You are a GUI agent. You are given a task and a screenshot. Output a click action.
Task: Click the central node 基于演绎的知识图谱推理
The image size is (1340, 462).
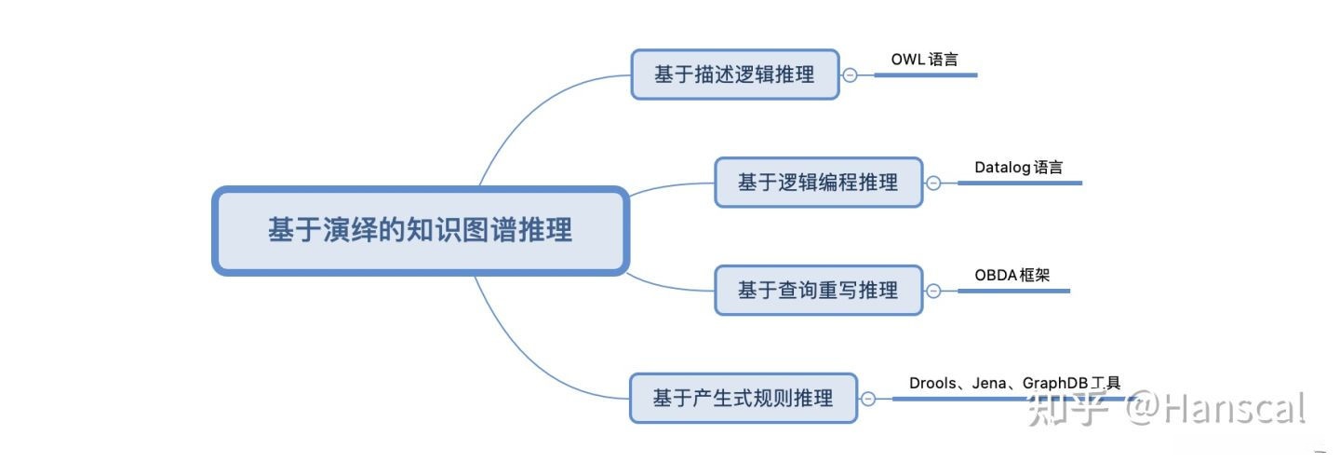[421, 231]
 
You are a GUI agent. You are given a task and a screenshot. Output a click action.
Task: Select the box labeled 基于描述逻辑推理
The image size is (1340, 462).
[734, 75]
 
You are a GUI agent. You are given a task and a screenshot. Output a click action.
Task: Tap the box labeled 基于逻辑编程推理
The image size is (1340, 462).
[818, 183]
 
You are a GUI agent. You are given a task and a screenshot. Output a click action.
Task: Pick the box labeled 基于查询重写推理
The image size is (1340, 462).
[818, 291]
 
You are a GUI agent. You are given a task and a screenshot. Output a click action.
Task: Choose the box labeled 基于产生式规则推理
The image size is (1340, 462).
[743, 399]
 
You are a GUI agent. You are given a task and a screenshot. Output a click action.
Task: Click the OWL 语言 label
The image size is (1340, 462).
[924, 60]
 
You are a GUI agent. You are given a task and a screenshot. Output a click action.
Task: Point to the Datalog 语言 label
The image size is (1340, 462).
[1019, 168]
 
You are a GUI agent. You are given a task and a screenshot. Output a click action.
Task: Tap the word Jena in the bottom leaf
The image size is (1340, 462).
[989, 383]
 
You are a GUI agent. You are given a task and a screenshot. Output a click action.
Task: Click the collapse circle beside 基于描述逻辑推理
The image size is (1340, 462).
[850, 75]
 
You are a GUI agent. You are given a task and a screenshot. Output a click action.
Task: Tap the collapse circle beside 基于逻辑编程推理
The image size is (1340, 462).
[933, 183]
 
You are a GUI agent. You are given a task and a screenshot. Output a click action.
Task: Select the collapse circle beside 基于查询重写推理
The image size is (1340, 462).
[933, 291]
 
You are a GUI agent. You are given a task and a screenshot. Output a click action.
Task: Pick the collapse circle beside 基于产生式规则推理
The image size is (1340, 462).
[867, 399]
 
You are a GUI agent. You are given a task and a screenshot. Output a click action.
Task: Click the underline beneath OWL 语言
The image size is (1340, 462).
[926, 75]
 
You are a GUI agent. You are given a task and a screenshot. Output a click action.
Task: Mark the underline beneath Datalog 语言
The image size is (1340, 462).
[1019, 183]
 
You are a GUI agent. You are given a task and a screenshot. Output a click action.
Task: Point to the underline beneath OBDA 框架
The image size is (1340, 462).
[1013, 291]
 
